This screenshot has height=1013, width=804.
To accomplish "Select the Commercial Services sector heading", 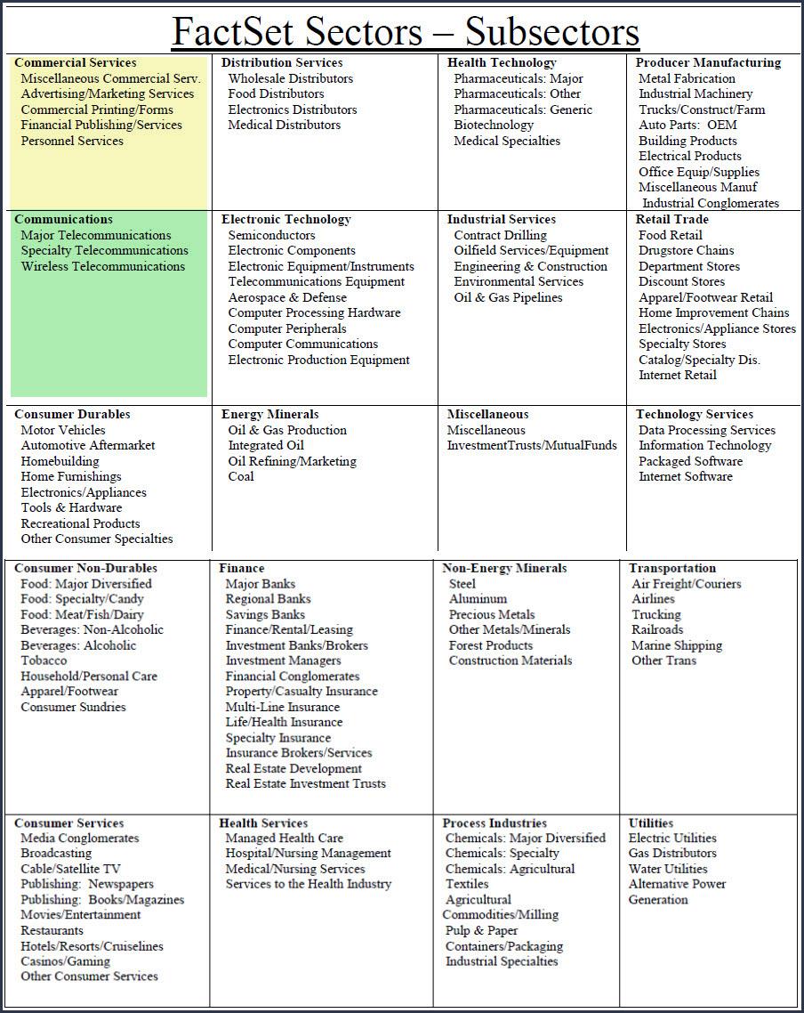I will point(76,63).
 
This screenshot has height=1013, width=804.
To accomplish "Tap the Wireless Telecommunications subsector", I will point(103,266).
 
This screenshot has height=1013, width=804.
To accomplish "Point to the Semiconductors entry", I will point(271,235).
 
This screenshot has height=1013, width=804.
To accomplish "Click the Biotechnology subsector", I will point(494,126).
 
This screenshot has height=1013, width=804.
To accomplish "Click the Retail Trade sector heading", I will point(672,219).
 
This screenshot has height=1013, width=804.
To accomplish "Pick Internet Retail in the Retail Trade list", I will point(678,375).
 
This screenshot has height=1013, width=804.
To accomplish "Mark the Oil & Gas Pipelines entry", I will point(508,297).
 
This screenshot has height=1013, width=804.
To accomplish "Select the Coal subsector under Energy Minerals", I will point(241,476).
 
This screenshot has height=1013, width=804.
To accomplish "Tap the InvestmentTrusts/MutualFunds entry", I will point(532,445).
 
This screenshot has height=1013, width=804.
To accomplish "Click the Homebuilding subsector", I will point(60,461).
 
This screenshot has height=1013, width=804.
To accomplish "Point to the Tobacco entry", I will point(44,660).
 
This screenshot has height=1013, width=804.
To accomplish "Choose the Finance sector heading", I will point(242,568).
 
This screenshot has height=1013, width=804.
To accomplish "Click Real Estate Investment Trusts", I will point(306,783).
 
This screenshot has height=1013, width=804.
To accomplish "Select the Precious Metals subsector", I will point(492,614).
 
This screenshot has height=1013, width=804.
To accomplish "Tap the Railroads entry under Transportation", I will point(657,629).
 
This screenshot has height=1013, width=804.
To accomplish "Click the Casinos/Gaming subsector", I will point(66,961).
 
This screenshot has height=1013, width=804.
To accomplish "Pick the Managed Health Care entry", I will point(284,838).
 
